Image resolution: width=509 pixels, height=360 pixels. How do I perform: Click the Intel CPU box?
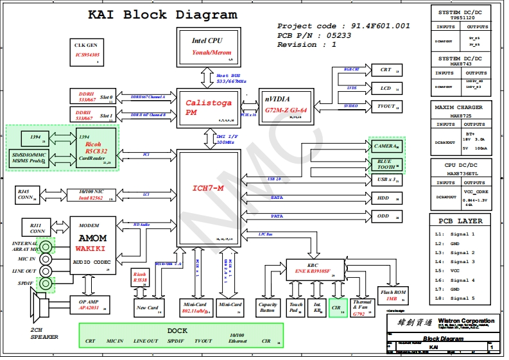(x=207, y=46)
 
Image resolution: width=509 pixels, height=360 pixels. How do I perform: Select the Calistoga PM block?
(x=207, y=107)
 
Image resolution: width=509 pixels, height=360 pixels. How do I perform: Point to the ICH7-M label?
(x=208, y=188)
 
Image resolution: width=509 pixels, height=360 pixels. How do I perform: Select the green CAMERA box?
(x=386, y=146)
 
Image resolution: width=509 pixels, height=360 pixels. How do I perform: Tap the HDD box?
(x=386, y=198)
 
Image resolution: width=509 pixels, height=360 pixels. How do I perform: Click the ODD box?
(x=386, y=216)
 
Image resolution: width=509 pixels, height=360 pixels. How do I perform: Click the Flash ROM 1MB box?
(x=395, y=296)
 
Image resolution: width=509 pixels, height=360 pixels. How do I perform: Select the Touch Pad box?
(x=296, y=308)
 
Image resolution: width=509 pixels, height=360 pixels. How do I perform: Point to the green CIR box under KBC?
(x=338, y=308)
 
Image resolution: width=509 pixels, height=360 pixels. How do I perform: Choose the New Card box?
(x=148, y=308)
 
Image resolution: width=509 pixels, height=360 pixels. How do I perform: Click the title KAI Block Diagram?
(x=162, y=15)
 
